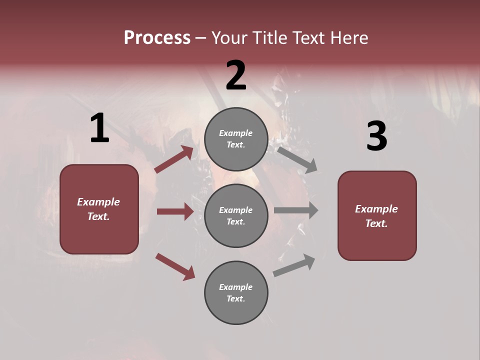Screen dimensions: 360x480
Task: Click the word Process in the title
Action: pos(157,37)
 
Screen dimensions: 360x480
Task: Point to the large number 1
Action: pos(99,128)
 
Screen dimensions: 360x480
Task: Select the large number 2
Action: pos(236,75)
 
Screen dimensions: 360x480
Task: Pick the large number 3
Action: pos(376,136)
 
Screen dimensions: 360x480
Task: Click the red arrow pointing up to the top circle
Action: pos(173,159)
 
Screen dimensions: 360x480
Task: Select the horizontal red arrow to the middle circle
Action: pos(175,211)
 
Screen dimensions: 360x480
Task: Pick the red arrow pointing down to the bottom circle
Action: pos(175,266)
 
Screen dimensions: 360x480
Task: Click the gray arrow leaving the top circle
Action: pos(297,159)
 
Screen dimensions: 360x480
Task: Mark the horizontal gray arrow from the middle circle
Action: pos(295,210)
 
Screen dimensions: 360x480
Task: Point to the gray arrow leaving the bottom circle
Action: pos(294,265)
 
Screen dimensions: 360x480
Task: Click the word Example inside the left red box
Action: pos(98,202)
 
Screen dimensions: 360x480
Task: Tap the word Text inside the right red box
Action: pos(376,223)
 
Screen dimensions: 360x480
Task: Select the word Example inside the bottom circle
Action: pos(236,287)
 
